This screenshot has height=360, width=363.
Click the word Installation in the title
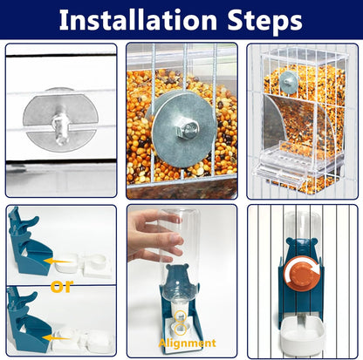pos(138,20)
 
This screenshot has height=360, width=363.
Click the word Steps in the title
pos(265,21)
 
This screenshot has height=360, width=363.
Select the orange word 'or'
pos(62,286)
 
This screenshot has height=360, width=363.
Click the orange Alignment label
pos(187,343)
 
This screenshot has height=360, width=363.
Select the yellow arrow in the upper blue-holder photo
pos(58,261)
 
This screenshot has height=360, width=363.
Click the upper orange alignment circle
pos(181,316)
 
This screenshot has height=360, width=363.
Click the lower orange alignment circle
pos(181,329)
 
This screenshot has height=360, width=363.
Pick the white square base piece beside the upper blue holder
pos(97,264)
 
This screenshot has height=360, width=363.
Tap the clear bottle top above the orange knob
pos(302,225)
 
